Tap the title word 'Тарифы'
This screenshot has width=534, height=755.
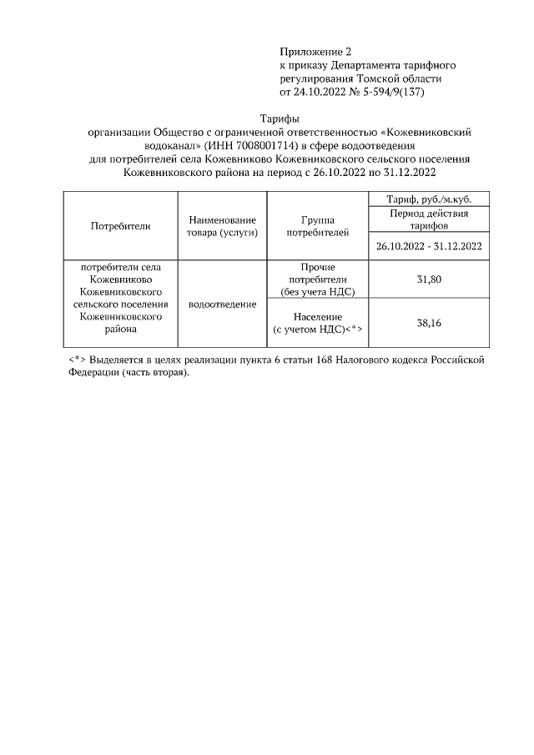click(280, 118)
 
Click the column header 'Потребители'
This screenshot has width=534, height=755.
click(120, 225)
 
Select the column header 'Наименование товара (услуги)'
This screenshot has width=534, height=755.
click(222, 225)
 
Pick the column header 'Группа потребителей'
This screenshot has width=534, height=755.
click(317, 225)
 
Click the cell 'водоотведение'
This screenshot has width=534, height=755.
click(222, 305)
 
